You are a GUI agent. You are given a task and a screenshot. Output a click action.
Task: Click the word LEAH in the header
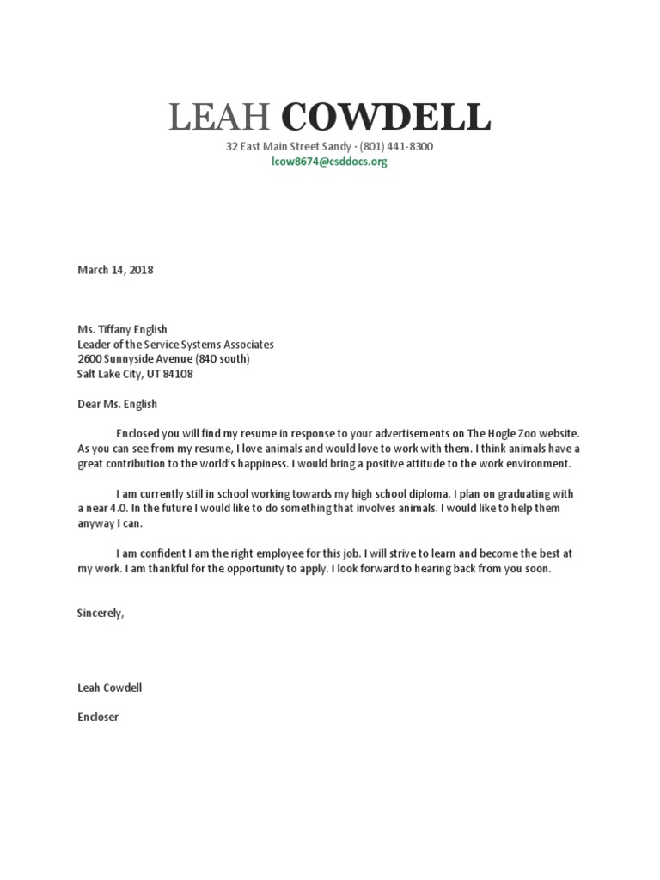tap(219, 117)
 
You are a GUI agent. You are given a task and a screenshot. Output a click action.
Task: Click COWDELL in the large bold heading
tap(386, 117)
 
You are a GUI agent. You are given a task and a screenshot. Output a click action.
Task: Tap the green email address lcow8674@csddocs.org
tap(329, 162)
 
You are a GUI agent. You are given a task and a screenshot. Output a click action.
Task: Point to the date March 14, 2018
tap(115, 270)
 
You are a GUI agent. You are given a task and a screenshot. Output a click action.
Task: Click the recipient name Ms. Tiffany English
tap(122, 329)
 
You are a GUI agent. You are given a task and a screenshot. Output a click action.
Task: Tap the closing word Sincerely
tap(101, 614)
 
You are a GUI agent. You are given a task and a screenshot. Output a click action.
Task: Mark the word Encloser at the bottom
tap(98, 717)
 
